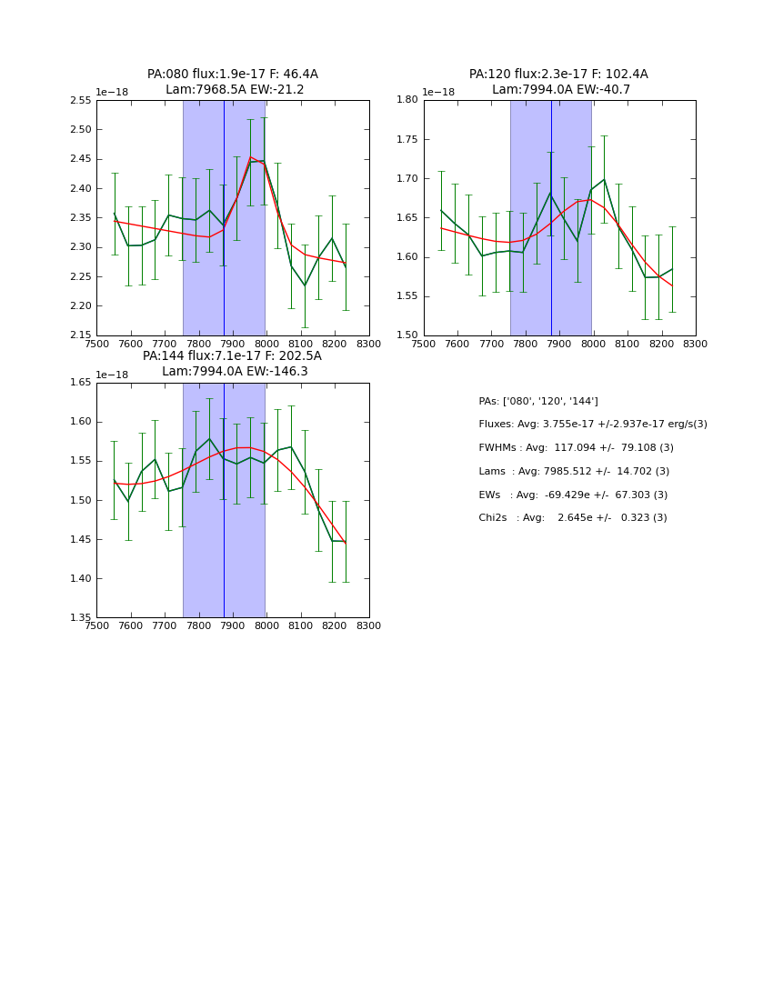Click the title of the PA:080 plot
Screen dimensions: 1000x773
coord(233,82)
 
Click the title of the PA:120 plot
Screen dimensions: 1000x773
coord(558,82)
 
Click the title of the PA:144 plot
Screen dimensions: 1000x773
coord(233,364)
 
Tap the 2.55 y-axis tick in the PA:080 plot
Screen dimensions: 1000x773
coord(81,101)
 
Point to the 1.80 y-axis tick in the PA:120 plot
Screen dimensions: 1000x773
coord(408,101)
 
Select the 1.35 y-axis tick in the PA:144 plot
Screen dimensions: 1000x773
coord(81,618)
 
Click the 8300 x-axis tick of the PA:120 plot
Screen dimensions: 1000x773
coord(696,344)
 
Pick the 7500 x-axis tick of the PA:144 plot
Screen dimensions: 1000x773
coord(96,625)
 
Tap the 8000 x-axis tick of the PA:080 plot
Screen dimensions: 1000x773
coord(266,344)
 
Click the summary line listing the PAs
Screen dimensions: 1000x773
coord(538,402)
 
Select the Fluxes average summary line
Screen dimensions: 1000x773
coord(592,425)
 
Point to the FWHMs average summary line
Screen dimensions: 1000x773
coord(576,448)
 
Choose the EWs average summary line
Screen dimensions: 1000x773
coord(573,495)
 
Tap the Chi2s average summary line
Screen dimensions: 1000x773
coord(573,518)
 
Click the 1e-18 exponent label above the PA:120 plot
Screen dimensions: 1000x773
coord(439,92)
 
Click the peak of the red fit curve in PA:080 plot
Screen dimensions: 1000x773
coord(251,157)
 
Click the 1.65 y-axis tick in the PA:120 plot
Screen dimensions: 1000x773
coord(408,218)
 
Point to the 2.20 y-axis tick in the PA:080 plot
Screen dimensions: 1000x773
coord(81,306)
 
